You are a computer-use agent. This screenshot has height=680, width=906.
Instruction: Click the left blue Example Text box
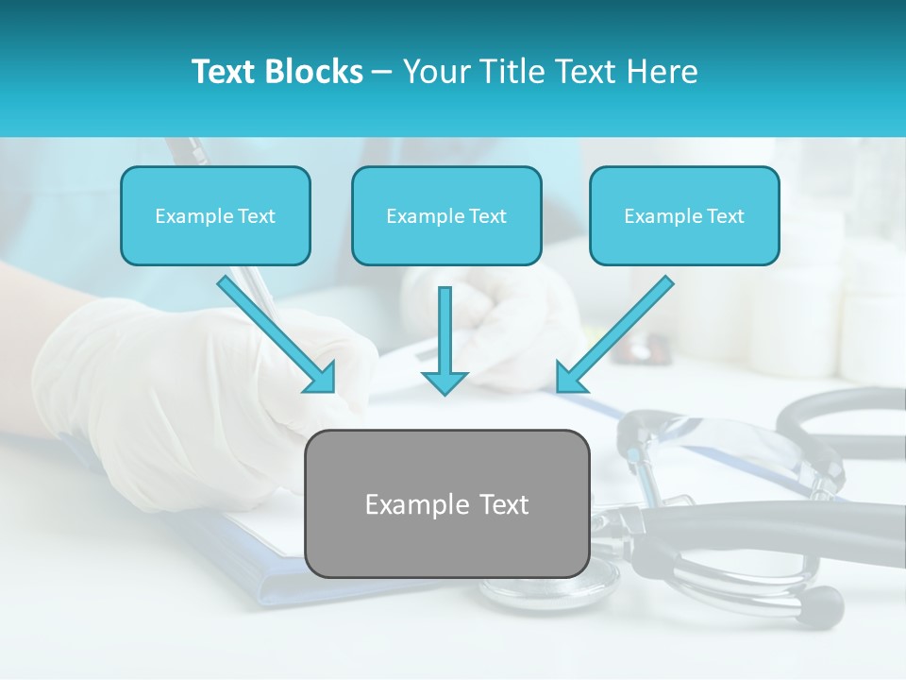pos(215,215)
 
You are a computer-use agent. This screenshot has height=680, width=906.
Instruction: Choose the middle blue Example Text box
pos(446,215)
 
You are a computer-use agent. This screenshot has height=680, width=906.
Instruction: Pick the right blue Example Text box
pos(684,215)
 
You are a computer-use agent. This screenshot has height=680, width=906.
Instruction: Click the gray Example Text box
pos(446,503)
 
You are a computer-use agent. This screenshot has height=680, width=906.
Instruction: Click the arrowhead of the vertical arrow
pos(445,382)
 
